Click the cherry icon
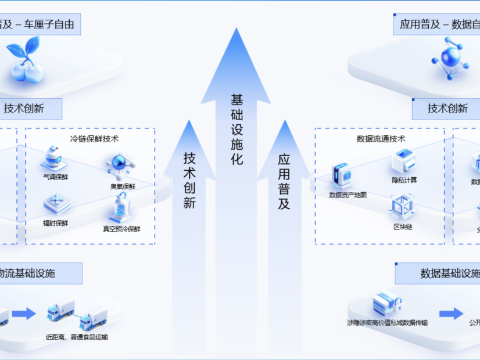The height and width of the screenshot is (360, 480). [x=26, y=61]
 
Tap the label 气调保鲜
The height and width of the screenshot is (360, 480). [x=55, y=177]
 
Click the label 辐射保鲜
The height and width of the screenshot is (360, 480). [x=55, y=223]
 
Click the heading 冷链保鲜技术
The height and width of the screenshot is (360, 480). [x=94, y=139]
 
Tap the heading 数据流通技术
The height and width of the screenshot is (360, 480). [x=381, y=139]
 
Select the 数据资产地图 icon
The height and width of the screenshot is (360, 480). [x=342, y=175]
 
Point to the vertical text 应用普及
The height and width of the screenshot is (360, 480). [x=284, y=181]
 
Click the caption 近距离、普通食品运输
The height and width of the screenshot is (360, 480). [x=77, y=337]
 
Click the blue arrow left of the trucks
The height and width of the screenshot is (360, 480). [x=23, y=314]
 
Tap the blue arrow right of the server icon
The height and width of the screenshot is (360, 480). [x=451, y=314]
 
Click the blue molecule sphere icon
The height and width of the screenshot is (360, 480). [x=448, y=58]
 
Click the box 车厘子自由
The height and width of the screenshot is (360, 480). [x=38, y=25]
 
